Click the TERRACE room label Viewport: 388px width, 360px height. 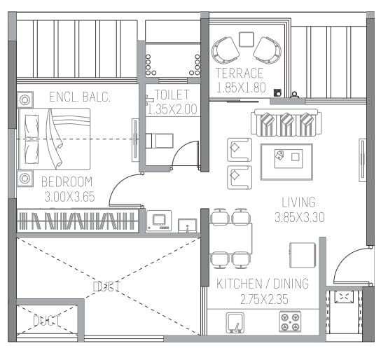[239, 74]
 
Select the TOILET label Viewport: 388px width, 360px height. [171, 95]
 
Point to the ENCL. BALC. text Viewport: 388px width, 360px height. [80, 97]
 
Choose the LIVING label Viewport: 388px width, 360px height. [298, 202]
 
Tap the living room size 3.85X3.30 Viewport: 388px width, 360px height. [298, 216]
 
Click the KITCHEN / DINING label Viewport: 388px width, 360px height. [262, 284]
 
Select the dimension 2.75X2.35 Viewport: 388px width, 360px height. [262, 299]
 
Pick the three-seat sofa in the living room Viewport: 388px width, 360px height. [285, 123]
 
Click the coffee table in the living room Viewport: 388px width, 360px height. [286, 155]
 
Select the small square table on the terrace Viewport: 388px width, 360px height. [246, 39]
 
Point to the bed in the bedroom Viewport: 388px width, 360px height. [54, 139]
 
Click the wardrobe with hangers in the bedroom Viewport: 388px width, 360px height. [77, 221]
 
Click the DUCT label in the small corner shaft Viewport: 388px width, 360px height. [46, 321]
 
